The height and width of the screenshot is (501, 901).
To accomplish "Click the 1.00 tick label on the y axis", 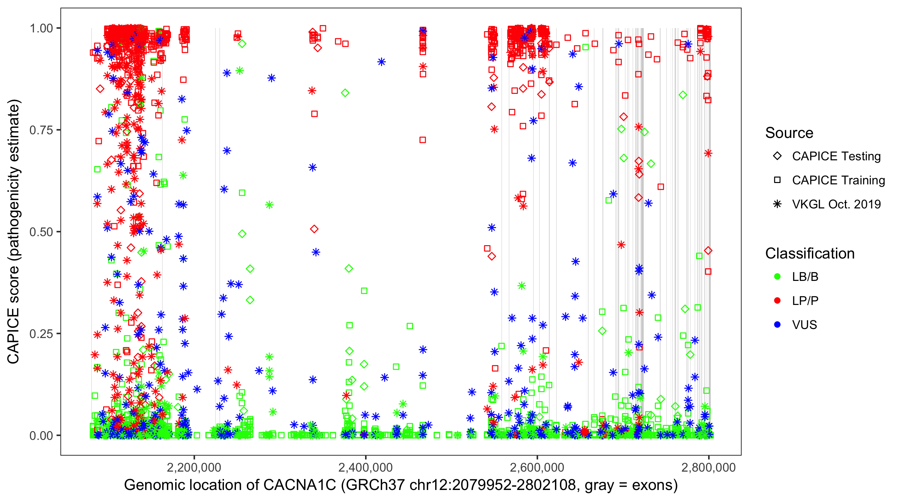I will [x=41, y=28].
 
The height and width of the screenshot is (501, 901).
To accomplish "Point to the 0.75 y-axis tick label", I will [x=41, y=130].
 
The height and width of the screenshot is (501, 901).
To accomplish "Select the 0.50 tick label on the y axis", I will [x=41, y=232].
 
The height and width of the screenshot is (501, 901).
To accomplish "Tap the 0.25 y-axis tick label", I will [x=41, y=334].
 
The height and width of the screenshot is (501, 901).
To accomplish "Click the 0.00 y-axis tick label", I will [x=41, y=436].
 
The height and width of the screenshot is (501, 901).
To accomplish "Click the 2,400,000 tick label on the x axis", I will [x=365, y=468].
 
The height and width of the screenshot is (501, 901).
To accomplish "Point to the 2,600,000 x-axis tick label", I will [x=537, y=468].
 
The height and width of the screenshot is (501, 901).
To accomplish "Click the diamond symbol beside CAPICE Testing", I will [x=777, y=156].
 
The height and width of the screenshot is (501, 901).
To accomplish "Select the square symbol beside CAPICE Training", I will [x=777, y=180].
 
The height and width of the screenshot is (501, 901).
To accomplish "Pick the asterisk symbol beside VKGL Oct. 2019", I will [x=777, y=204].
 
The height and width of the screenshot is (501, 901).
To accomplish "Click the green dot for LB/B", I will [x=777, y=277].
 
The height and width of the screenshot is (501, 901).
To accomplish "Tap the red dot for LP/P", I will [x=777, y=301].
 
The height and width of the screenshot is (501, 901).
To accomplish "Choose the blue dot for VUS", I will [x=777, y=325].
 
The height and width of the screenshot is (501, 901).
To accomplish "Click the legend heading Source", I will [x=789, y=133].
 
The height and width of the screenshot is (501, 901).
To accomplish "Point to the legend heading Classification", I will [x=810, y=254].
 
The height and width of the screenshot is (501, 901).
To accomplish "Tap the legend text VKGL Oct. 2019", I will [x=836, y=204].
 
